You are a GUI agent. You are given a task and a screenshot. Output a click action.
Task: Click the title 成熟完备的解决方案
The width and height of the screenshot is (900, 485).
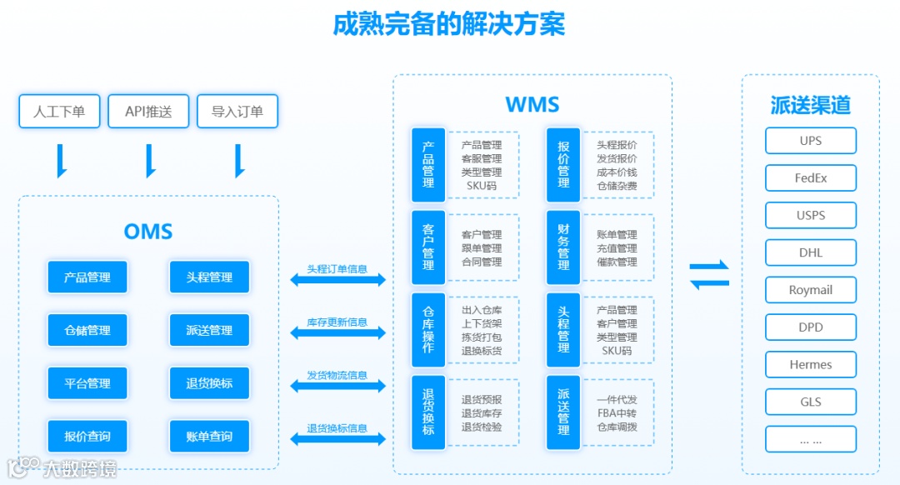tap(448, 24)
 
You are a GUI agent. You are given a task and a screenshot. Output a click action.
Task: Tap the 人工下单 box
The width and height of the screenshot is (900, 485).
tap(59, 111)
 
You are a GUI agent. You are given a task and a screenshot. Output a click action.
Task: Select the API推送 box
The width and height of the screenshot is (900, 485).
tap(148, 111)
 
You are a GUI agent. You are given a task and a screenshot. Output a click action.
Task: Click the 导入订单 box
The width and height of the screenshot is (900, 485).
tap(237, 111)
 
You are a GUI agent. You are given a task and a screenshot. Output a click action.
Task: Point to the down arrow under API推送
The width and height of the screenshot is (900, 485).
tap(150, 161)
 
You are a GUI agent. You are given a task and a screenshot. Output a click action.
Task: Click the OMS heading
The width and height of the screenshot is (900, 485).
tap(148, 232)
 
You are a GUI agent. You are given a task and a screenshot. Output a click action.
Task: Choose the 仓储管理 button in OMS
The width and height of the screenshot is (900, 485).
tap(87, 330)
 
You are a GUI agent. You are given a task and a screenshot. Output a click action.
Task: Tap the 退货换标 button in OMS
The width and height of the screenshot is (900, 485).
tap(209, 383)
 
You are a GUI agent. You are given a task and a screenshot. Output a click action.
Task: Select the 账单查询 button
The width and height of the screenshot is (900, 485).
tap(209, 436)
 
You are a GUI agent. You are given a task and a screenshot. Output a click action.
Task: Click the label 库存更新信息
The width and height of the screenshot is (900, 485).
tap(337, 322)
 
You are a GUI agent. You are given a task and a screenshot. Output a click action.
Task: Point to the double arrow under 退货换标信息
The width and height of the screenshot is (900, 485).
tap(337, 439)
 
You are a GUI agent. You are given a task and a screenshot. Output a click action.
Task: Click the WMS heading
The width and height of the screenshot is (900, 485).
tap(532, 105)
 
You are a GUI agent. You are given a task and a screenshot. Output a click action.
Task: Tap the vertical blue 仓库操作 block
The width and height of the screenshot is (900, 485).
tap(428, 329)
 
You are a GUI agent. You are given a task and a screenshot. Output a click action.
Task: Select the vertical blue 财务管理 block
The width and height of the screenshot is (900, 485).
tap(563, 247)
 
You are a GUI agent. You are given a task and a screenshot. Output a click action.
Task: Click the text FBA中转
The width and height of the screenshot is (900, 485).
tap(617, 413)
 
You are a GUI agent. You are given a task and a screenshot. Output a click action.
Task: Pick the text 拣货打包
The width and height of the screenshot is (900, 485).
tap(482, 337)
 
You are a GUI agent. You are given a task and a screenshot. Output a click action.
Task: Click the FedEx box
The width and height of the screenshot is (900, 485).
tap(811, 177)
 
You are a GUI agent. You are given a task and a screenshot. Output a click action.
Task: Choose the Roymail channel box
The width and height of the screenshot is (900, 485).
tap(811, 290)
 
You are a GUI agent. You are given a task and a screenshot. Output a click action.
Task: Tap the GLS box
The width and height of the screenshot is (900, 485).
tap(811, 402)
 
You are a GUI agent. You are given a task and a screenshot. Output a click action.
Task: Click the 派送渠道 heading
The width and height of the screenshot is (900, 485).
tap(810, 105)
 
